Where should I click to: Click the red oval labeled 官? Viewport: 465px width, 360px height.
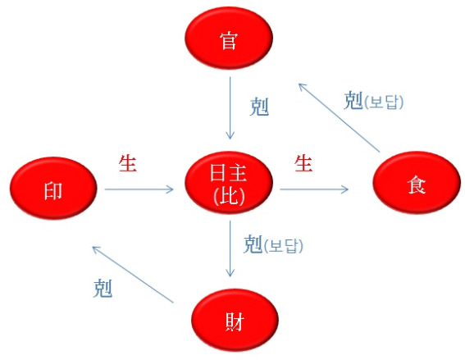229,39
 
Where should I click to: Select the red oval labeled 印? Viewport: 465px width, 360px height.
53,189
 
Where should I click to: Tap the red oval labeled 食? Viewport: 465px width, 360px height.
417,182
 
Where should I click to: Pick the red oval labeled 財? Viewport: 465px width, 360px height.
235,321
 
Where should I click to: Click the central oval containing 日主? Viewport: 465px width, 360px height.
229,182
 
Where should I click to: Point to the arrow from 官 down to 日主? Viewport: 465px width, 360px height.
230,108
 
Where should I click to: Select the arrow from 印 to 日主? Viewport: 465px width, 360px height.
139,189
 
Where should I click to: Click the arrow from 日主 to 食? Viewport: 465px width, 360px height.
314,189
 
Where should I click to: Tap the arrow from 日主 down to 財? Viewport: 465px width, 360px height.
230,248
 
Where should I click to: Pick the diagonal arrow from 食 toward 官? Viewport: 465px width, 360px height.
339,118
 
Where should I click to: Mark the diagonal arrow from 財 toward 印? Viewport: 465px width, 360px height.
133,274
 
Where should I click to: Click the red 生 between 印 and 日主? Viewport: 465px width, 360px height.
127,163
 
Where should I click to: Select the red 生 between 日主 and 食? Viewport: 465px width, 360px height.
303,163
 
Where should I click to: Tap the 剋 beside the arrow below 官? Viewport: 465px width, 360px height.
259,107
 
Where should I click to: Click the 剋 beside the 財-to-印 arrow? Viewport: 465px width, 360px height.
103,288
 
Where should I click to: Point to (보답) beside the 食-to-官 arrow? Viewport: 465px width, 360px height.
384,103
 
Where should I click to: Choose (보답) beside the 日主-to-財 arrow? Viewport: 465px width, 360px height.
283,246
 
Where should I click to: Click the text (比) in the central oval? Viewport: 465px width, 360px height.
229,197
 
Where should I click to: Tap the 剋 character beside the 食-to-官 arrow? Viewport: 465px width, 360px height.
353,101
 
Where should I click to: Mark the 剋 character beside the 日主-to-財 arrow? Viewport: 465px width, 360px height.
253,244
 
